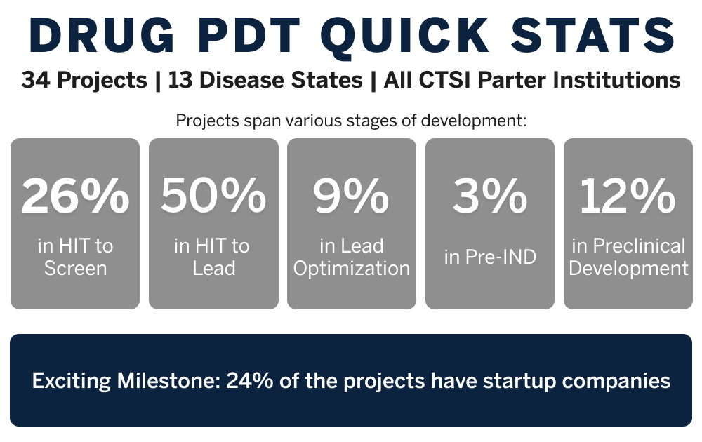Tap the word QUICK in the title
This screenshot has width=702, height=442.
click(405, 36)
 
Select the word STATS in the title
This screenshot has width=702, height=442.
click(592, 35)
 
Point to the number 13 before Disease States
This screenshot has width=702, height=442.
click(180, 80)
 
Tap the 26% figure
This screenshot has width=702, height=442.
click(75, 196)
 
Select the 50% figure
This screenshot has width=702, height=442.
click(213, 196)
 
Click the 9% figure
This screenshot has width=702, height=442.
click(351, 196)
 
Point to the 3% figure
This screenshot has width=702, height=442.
click(490, 196)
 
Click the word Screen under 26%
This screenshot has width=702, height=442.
click(75, 269)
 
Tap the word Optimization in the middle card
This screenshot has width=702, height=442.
click(352, 269)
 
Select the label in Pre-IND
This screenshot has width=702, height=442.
click(490, 257)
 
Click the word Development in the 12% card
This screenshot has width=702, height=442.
click(628, 269)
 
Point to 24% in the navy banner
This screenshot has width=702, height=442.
click(250, 381)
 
